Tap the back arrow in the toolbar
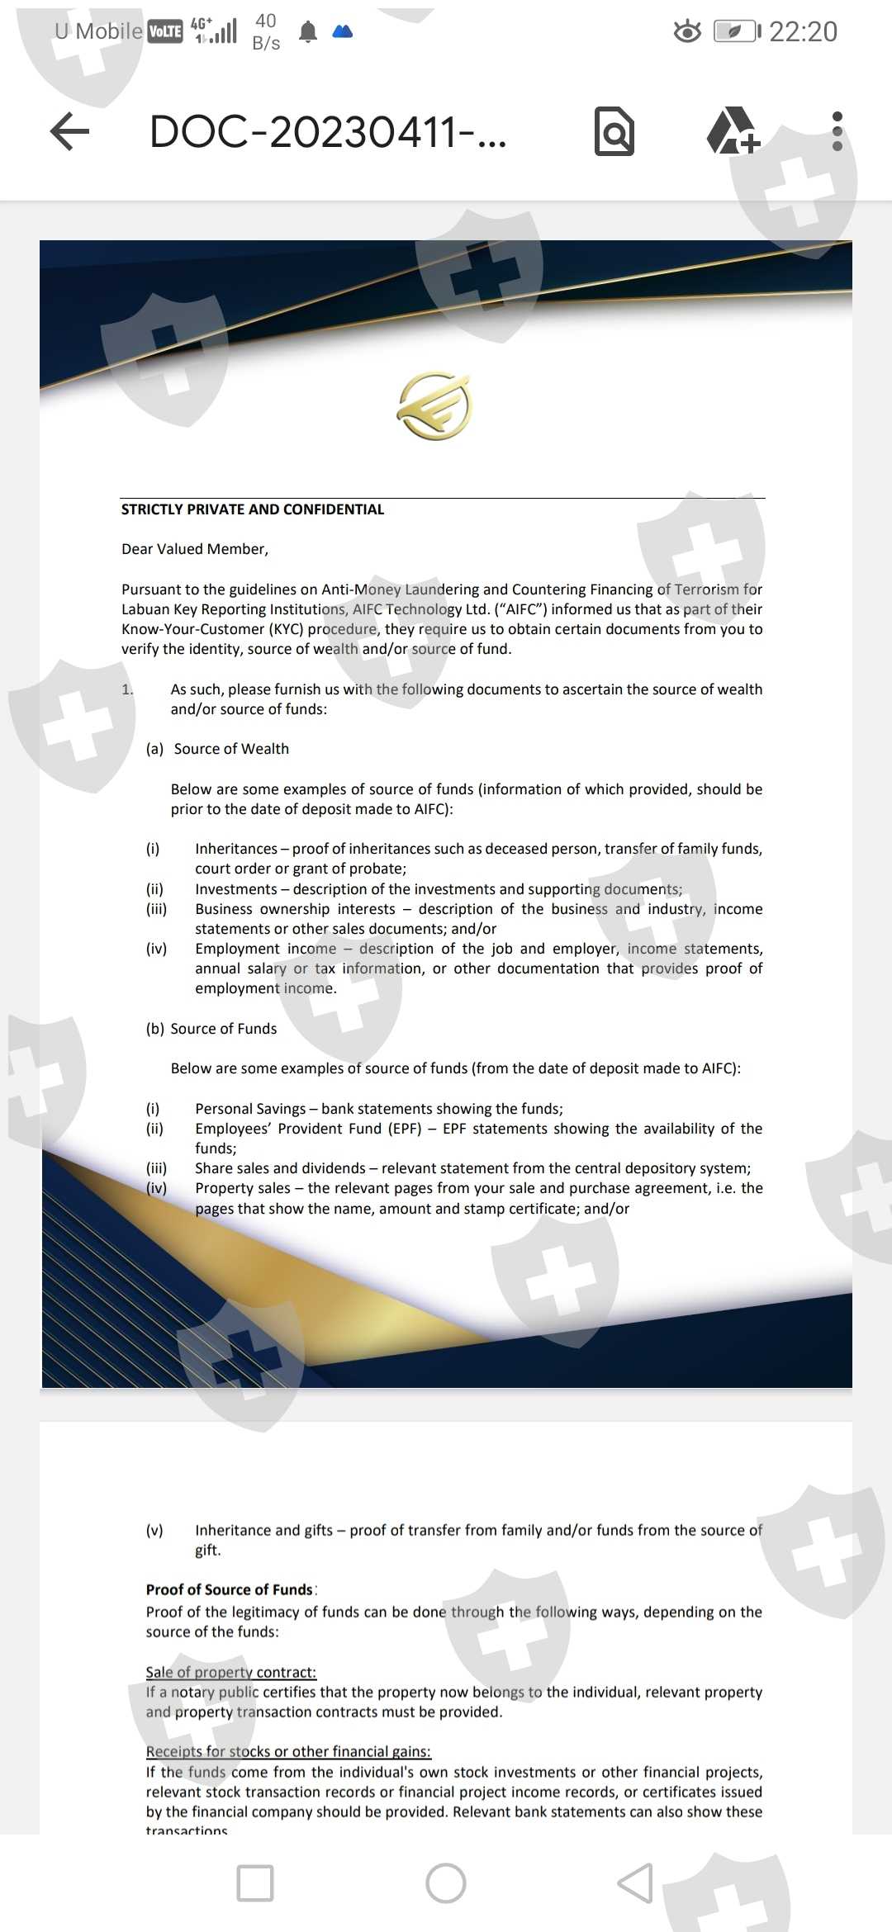[70, 131]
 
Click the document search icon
[614, 131]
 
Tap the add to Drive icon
[732, 131]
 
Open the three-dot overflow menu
[837, 131]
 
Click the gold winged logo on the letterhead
[434, 406]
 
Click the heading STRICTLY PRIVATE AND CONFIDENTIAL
[253, 509]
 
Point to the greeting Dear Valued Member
[195, 549]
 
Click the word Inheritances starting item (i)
[236, 849]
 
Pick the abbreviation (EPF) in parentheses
[405, 1129]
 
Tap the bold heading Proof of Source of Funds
[230, 1589]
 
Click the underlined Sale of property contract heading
[231, 1672]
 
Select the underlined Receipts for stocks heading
[288, 1751]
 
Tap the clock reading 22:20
[803, 31]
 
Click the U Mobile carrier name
[98, 31]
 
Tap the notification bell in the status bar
[308, 32]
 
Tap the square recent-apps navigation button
[255, 1883]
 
